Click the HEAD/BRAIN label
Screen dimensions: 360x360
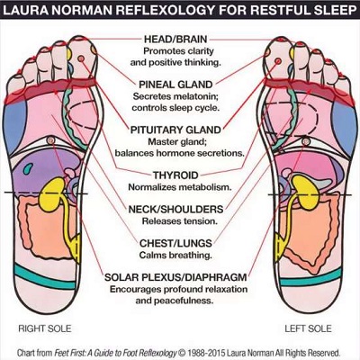pos(175,39)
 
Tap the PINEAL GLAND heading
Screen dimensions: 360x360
pos(175,85)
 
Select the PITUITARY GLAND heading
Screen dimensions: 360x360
pos(175,130)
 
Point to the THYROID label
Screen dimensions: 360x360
pos(175,175)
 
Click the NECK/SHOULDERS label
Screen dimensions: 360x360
pos(175,209)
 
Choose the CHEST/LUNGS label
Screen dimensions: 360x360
pos(175,243)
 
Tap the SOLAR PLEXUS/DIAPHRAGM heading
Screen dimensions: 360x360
pos(175,277)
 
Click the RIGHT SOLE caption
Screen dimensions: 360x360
pos(45,328)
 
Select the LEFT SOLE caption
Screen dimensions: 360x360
pos(308,328)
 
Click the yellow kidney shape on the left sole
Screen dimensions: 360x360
pos(305,193)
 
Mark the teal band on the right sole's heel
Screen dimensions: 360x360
pos(45,277)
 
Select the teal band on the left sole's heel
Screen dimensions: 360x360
pos(310,278)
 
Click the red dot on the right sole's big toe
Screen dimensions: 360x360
pos(81,58)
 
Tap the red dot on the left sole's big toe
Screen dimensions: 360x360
pos(278,61)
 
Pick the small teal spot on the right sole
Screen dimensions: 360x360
pos(28,168)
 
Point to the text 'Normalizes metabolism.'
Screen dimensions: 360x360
pos(180,187)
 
